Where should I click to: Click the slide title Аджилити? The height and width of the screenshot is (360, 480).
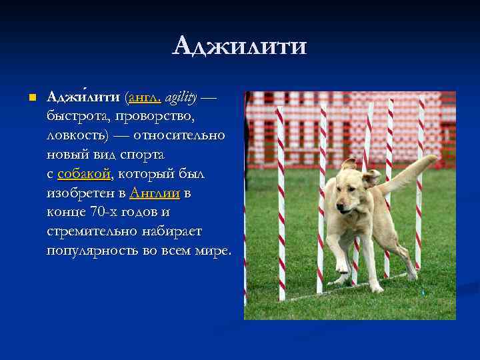tap(239, 47)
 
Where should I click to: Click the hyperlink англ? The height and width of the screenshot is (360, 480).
tap(144, 98)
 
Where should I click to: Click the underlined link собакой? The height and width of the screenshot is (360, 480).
tap(84, 174)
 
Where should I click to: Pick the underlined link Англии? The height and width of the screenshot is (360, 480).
tap(155, 193)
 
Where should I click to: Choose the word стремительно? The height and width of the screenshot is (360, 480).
tap(91, 231)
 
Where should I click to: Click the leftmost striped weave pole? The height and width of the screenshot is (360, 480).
tap(281, 200)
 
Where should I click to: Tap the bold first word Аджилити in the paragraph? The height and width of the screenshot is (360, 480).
tap(84, 98)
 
